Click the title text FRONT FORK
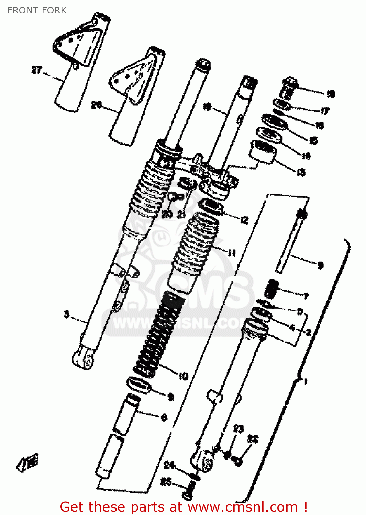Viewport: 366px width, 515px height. [37, 10]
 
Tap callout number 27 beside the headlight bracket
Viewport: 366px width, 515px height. [36, 70]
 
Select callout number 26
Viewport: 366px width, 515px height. [97, 105]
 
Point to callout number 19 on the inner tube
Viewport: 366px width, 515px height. [207, 106]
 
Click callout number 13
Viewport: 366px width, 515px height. [301, 172]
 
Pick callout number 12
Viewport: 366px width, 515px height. [244, 220]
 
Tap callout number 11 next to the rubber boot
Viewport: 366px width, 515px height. [232, 253]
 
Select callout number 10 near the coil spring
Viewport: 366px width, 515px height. [183, 376]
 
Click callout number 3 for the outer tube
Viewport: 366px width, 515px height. [67, 314]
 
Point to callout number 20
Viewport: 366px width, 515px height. [167, 214]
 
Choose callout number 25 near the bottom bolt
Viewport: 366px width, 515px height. [166, 482]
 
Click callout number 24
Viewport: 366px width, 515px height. [169, 466]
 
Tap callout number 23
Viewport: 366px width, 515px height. [239, 429]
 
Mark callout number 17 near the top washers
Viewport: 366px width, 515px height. [325, 111]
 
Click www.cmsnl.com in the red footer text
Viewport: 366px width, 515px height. [243, 507]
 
